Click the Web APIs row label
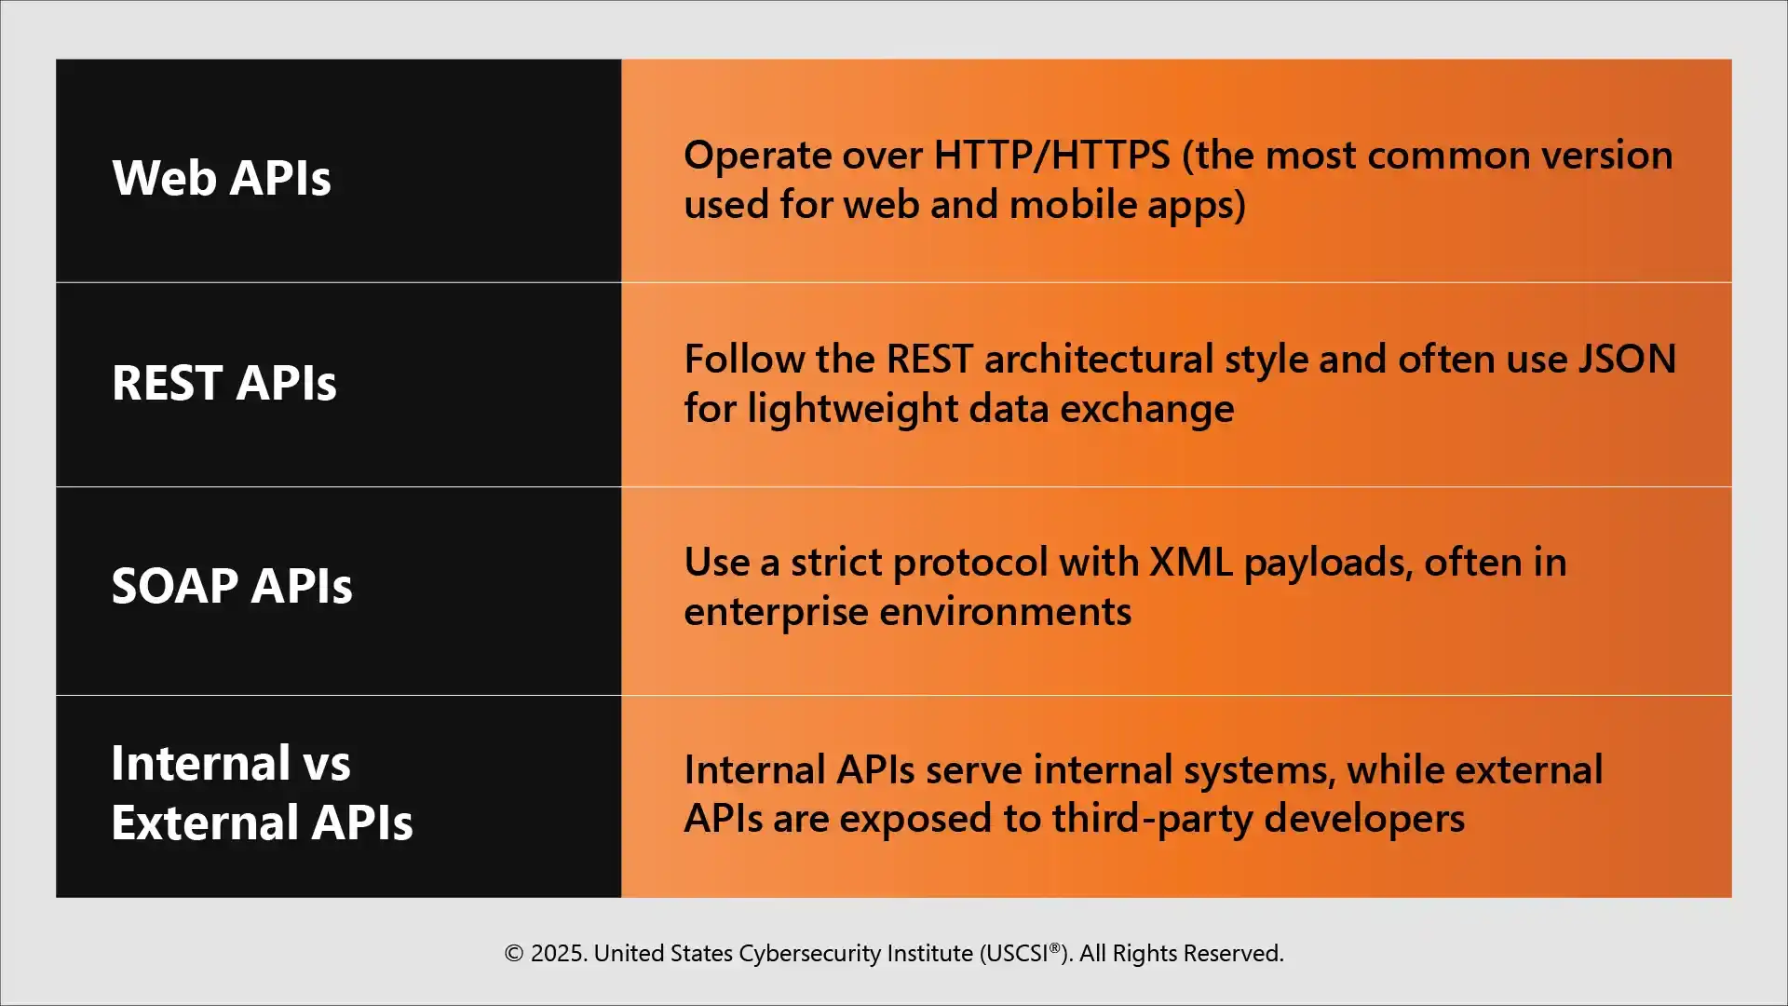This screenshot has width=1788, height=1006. [222, 178]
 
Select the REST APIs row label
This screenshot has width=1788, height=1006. [223, 383]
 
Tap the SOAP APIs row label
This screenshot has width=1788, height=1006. [232, 586]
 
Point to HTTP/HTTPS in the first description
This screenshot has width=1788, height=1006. [1051, 156]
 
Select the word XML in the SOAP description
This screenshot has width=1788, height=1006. [1190, 563]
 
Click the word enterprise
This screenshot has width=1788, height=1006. [776, 613]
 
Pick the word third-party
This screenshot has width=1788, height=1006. [1152, 819]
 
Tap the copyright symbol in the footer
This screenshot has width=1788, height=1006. [513, 954]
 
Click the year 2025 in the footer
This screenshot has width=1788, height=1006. [558, 954]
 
